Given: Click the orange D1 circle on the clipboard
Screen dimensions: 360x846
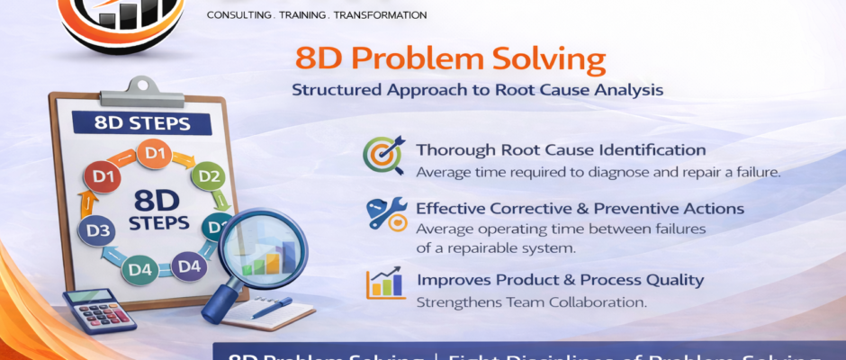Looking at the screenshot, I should click(156, 154).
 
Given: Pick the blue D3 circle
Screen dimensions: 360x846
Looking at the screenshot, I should click(98, 232).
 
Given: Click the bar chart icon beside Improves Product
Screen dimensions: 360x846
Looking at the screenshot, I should click(384, 282).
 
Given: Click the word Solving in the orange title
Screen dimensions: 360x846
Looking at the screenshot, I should click(550, 60).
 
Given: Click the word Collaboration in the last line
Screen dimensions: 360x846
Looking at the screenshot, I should click(592, 302).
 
